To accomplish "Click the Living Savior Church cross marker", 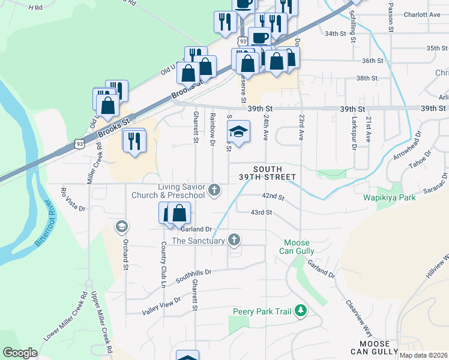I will pyautogui.click(x=214, y=191).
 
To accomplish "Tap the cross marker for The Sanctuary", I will pyautogui.click(x=234, y=241).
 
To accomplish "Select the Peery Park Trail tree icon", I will pyautogui.click(x=301, y=311).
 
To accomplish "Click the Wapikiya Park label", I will pyautogui.click(x=388, y=197).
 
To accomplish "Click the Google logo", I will pyautogui.click(x=20, y=353).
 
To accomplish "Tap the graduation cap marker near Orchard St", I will pyautogui.click(x=121, y=226).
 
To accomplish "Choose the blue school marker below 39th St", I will pyautogui.click(x=238, y=132).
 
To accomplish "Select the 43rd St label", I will pyautogui.click(x=262, y=212).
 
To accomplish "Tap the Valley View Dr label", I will pyautogui.click(x=161, y=306).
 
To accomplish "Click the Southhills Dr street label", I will pyautogui.click(x=193, y=276).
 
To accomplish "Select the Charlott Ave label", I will pyautogui.click(x=423, y=14).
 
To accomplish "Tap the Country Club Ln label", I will pyautogui.click(x=163, y=262).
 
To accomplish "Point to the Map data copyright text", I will pyautogui.click(x=423, y=355).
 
